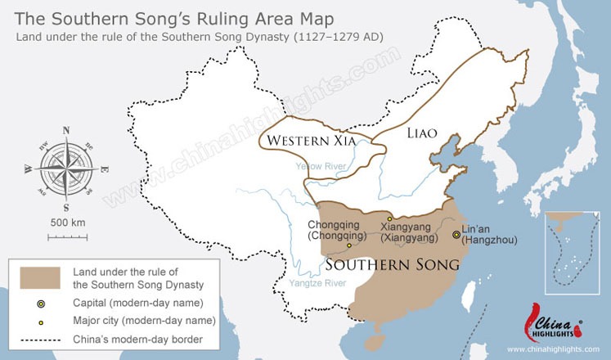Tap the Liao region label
[x=421, y=132]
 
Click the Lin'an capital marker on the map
[x=456, y=235]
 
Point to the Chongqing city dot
[x=349, y=245]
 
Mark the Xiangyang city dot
[x=389, y=218]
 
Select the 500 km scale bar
[x=67, y=237]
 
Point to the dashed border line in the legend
[x=41, y=338]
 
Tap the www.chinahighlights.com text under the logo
[x=553, y=349]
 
